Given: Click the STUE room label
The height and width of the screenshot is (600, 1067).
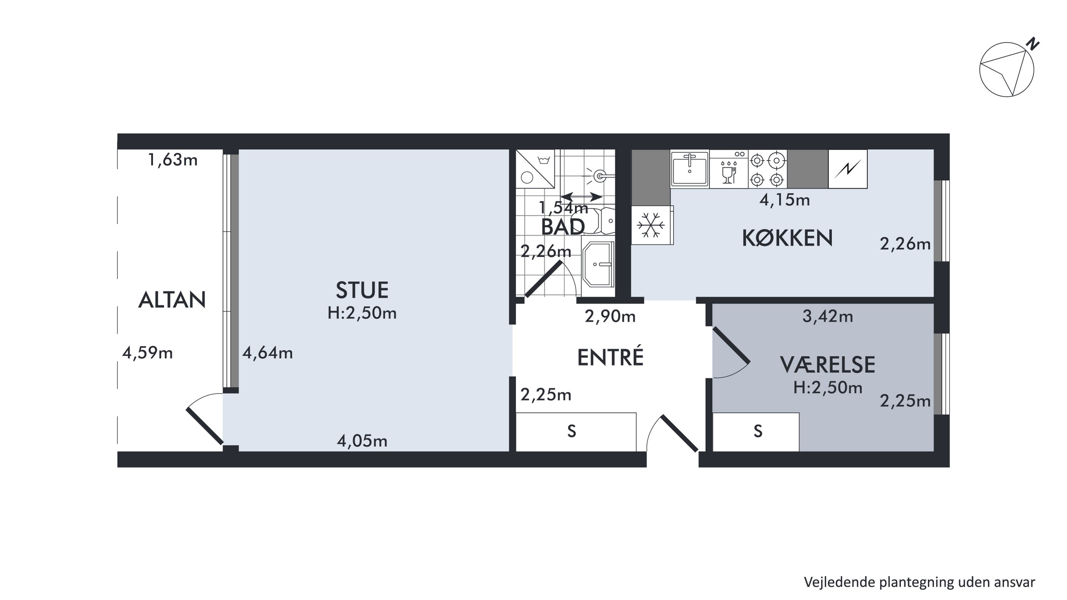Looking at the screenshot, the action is [x=362, y=290].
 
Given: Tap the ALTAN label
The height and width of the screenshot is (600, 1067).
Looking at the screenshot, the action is [x=172, y=300].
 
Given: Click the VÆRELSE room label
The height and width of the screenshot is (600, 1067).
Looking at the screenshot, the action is [x=828, y=365].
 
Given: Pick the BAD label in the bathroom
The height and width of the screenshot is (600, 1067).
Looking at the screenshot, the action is [x=563, y=227].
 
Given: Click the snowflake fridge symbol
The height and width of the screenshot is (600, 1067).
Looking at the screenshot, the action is [x=651, y=225].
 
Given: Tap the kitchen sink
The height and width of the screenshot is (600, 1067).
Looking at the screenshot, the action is [x=690, y=169].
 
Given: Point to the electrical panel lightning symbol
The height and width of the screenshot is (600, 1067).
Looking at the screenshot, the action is [x=848, y=169].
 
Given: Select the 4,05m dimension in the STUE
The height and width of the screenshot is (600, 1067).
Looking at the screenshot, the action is [x=362, y=441].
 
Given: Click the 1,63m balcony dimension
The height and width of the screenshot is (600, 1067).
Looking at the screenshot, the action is [x=173, y=160].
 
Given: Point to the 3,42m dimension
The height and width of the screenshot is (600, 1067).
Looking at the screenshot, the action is [x=828, y=316].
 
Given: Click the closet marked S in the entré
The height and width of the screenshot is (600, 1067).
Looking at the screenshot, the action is [x=576, y=431].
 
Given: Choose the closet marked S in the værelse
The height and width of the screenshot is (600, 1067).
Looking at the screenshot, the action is [x=756, y=431].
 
